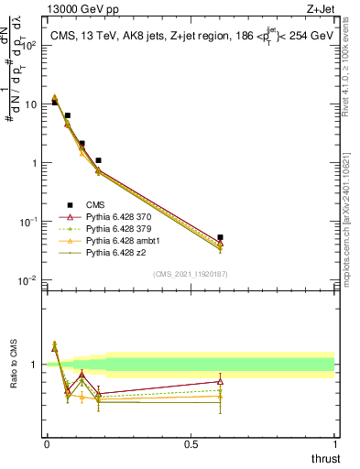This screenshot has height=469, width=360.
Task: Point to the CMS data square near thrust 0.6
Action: click(x=220, y=237)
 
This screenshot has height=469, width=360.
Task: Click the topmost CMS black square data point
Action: click(x=54, y=102)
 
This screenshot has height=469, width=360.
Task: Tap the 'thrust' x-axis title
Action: click(x=325, y=458)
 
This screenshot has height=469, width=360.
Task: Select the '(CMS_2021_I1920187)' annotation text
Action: click(x=191, y=274)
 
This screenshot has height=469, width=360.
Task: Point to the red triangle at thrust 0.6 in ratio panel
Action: click(x=220, y=381)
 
